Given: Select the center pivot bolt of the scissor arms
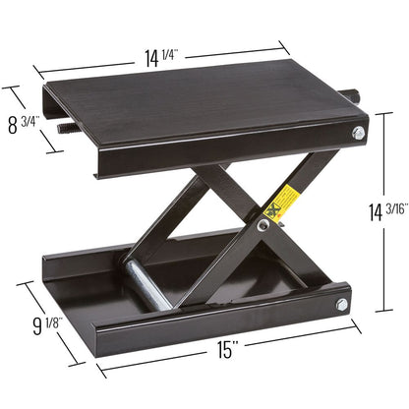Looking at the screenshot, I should click(263, 225).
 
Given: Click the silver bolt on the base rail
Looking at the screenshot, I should click(342, 305).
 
